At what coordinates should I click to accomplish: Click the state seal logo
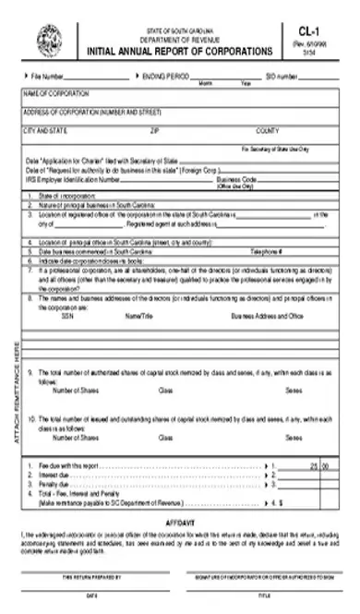click(46, 40)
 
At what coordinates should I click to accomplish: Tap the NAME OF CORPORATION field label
click(55, 94)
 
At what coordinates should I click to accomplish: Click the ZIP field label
click(155, 130)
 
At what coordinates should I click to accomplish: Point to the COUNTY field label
click(268, 130)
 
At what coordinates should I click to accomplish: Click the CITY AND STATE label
click(45, 130)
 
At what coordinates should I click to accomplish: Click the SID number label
click(282, 76)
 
